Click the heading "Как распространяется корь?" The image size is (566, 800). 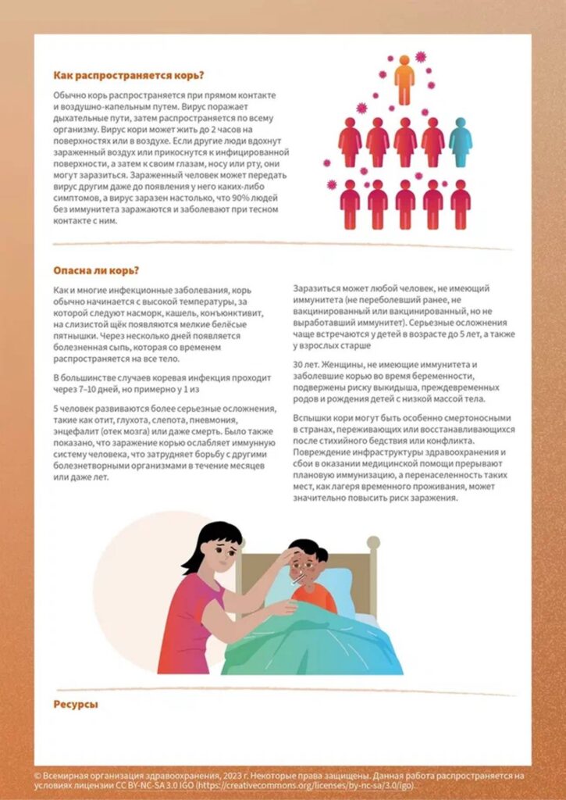[129, 76]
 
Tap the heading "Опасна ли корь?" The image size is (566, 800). [96, 271]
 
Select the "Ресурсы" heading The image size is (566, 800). [76, 705]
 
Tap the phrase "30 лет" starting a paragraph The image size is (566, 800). [304, 366]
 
